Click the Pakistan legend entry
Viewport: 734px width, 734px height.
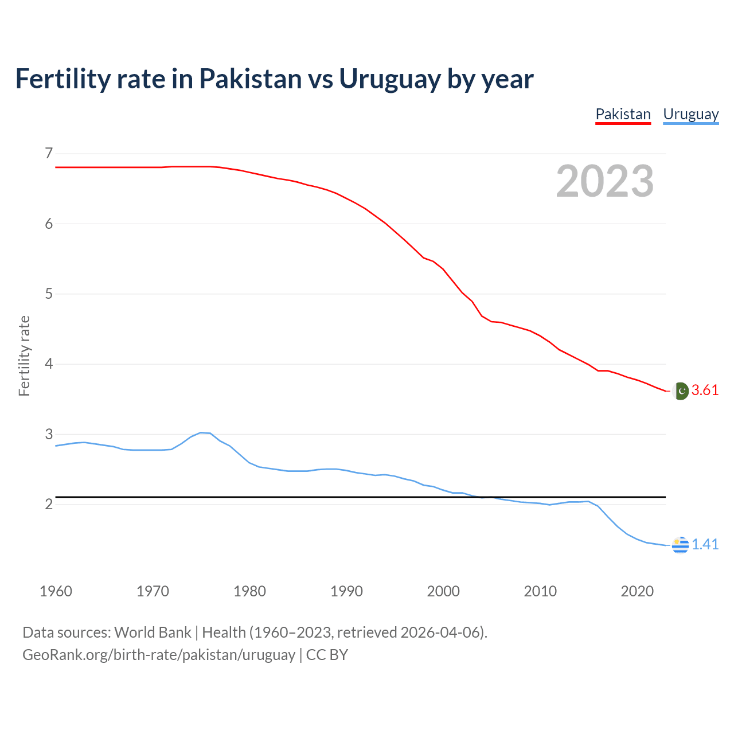[x=623, y=114]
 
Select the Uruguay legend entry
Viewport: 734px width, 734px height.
[x=690, y=114]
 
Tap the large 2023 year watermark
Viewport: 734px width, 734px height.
[x=605, y=181]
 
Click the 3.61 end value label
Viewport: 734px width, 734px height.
[x=705, y=391]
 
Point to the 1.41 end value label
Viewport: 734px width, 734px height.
[x=705, y=544]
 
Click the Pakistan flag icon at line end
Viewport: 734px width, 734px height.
[x=680, y=391]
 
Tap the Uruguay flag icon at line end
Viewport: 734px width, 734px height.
[x=680, y=545]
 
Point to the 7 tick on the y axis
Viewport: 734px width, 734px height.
[x=48, y=153]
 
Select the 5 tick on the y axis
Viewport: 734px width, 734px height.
[x=48, y=294]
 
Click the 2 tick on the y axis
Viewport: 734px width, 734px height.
[x=48, y=505]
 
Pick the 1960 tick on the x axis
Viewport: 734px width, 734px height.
[x=56, y=591]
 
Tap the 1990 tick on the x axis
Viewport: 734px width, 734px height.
[x=346, y=591]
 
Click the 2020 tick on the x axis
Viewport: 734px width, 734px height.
[x=637, y=591]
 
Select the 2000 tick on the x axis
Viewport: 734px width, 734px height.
[x=443, y=591]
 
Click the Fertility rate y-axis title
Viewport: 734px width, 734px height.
[x=24, y=356]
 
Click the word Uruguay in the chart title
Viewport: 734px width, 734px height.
[x=390, y=79]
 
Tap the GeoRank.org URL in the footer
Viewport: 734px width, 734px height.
[x=158, y=655]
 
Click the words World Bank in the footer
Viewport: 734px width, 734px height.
[x=153, y=633]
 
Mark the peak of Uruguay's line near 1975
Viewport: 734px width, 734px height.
[x=201, y=432]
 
